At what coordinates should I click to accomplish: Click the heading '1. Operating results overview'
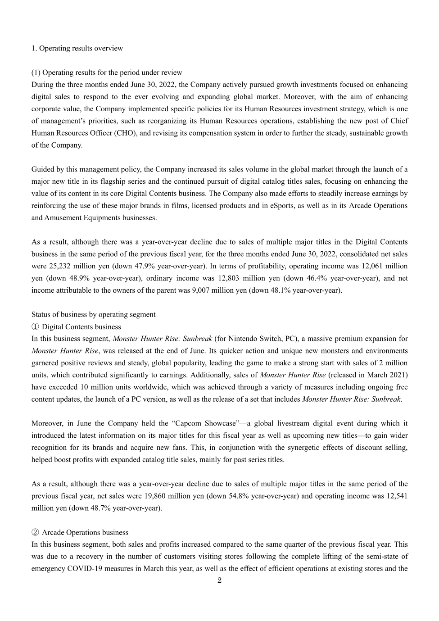pos(77,48)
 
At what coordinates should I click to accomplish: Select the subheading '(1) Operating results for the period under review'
pos(107,73)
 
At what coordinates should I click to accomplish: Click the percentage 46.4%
pos(319,278)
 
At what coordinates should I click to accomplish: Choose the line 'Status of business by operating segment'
pos(93,315)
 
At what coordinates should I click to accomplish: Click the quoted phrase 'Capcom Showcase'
pos(205,423)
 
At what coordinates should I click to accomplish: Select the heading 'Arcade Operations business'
pos(85,533)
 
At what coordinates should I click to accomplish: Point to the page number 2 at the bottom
pos(219,580)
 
